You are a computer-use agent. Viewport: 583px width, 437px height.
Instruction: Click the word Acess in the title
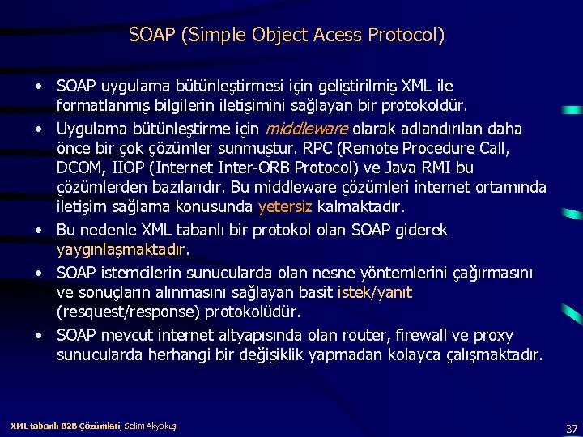[337, 36]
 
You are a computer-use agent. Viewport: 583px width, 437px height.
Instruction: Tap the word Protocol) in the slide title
[406, 36]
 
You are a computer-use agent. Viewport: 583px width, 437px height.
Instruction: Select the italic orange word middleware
[306, 129]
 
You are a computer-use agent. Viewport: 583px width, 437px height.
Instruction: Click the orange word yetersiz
[286, 207]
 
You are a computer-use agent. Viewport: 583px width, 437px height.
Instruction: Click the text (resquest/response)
[126, 312]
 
